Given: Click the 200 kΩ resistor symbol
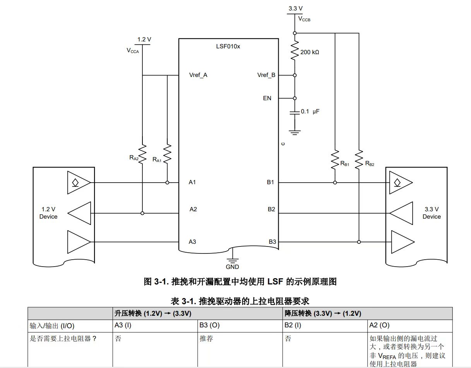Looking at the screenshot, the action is click(295, 50).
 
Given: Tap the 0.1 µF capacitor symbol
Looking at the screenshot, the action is click(295, 113).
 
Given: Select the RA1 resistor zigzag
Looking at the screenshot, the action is click(167, 154).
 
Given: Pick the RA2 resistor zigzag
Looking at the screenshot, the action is click(142, 154).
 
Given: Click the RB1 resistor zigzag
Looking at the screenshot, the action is click(335, 159).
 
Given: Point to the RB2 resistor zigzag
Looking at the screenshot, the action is click(359, 159).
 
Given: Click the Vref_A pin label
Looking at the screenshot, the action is click(198, 75).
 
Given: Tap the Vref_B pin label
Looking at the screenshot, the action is click(266, 75).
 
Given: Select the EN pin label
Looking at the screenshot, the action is click(267, 98).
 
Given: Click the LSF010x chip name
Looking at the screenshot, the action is click(228, 46).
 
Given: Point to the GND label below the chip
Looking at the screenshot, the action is click(232, 267).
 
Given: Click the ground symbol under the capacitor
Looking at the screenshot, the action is click(295, 132).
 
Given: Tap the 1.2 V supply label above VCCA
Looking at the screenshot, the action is click(144, 39).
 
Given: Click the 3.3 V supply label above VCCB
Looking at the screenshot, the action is click(295, 9).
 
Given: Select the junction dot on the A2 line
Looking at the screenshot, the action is click(142, 213).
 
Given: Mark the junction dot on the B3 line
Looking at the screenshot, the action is click(359, 242).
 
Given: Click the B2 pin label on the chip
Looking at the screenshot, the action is click(271, 209).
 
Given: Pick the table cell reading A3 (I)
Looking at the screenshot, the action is click(155, 326).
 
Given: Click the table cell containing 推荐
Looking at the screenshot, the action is click(240, 349).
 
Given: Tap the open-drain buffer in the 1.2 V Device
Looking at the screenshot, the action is click(79, 183).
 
